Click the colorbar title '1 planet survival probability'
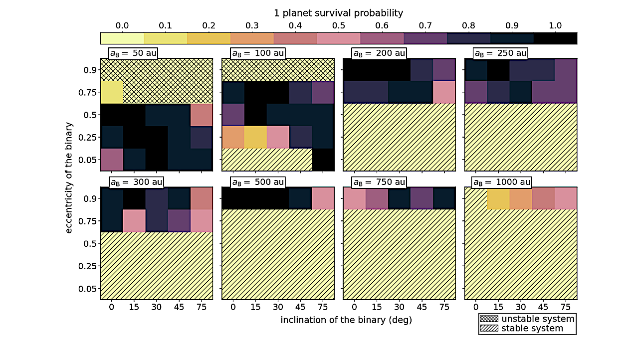[339, 13]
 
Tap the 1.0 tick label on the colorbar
[555, 25]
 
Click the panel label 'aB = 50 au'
[133, 53]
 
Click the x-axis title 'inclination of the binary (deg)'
[346, 320]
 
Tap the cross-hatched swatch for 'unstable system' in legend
[489, 319]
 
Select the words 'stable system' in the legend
[532, 328]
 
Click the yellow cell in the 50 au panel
[112, 92]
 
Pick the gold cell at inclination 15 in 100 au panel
[255, 137]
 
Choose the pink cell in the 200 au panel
[443, 92]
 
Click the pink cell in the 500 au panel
[322, 198]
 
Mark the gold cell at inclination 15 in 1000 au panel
[498, 198]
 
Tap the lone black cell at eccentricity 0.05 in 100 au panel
[322, 160]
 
